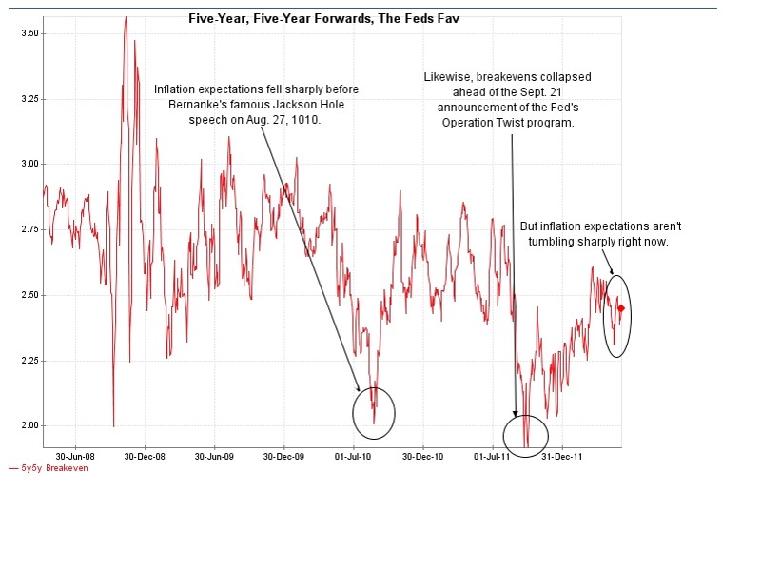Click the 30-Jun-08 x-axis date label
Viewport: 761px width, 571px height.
(x=75, y=457)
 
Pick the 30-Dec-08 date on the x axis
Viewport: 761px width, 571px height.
(x=145, y=457)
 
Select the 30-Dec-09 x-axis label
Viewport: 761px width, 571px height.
(x=284, y=457)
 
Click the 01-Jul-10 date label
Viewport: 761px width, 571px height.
(x=353, y=457)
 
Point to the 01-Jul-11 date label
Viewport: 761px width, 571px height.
(x=492, y=457)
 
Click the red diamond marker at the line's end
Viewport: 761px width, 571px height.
(x=621, y=308)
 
